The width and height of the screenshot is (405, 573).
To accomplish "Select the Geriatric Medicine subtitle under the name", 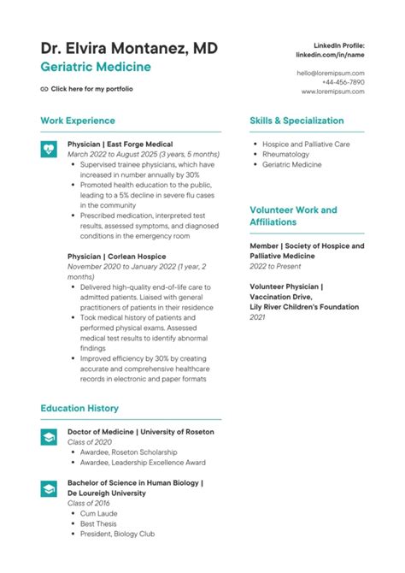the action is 96,67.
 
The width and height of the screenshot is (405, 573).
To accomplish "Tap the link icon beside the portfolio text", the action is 44,89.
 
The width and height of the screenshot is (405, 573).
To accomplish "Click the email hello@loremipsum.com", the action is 330,74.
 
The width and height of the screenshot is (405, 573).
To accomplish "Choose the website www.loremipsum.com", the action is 330,92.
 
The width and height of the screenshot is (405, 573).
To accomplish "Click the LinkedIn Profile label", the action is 339,44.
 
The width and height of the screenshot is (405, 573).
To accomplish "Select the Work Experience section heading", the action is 78,121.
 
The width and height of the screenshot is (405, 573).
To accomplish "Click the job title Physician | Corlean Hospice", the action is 116,256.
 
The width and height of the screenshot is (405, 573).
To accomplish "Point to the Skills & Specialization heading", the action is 296,121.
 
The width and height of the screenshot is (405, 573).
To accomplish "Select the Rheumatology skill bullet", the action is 287,155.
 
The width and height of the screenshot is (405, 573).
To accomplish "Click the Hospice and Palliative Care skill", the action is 306,145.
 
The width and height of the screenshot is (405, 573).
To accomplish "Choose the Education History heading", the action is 79,409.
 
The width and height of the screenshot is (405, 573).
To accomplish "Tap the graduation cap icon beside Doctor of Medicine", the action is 49,434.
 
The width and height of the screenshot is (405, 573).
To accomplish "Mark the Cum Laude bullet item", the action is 99,513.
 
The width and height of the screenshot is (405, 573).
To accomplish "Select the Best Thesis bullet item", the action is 99,523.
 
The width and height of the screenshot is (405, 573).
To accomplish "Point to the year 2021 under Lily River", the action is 257,316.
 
